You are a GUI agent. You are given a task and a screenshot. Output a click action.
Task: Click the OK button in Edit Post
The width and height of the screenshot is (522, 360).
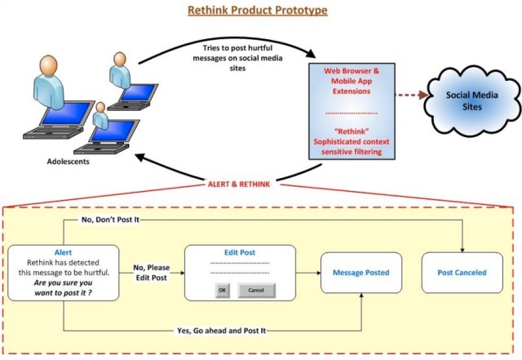(x=222, y=290)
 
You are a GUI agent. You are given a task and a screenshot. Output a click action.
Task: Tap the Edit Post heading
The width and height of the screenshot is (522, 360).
(x=240, y=253)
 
